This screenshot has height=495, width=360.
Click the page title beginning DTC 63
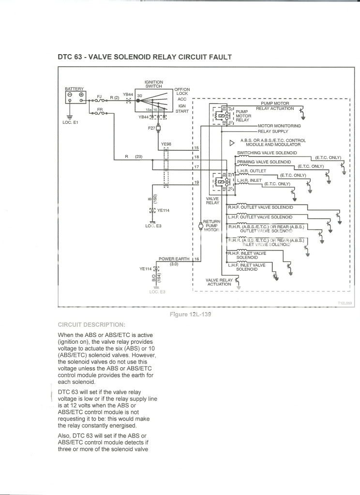[x=145, y=57]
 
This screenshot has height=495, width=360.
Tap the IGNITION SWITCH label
[x=154, y=84]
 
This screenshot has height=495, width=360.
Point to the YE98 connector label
[x=166, y=144]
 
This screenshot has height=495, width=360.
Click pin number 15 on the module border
[x=196, y=147]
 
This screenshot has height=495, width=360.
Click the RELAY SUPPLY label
[x=272, y=131]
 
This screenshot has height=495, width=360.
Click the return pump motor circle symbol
[x=201, y=225]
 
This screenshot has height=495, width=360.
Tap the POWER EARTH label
[x=174, y=259]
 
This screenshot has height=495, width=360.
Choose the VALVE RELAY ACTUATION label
[x=219, y=282]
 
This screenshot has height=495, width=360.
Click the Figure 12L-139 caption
[x=190, y=314]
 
